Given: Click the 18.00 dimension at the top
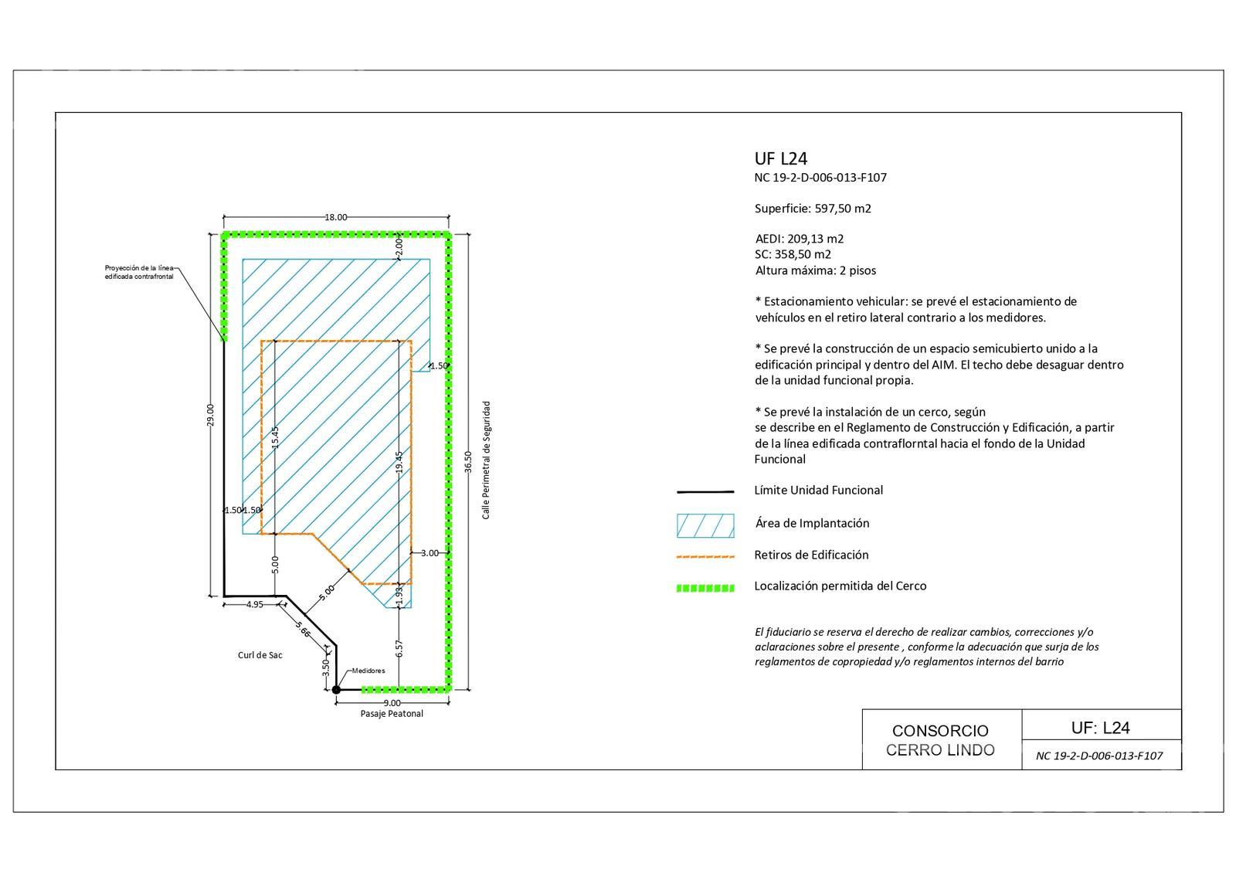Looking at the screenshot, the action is [335, 217].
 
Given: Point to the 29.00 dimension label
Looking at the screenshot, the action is [209, 415].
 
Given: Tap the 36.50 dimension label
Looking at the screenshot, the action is [468, 463].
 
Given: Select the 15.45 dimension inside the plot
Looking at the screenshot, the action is [275, 437].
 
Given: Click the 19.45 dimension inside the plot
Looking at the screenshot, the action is [399, 463].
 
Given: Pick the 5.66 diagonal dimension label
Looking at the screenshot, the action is [302, 630].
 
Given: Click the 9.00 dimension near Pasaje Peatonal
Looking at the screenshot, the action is [392, 703].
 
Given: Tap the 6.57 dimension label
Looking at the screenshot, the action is [399, 649].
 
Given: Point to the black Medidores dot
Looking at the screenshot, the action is [336, 690].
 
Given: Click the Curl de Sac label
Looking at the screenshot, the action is [260, 655].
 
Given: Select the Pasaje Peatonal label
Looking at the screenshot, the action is [392, 714].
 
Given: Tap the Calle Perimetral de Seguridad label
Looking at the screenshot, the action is [486, 460].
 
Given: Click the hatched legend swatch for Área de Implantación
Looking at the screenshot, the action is [705, 526].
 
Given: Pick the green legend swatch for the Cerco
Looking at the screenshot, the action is [705, 588].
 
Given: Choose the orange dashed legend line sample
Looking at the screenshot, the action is [705, 557].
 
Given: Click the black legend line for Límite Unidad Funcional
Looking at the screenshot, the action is [705, 491].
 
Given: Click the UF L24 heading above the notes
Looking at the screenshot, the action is [781, 159].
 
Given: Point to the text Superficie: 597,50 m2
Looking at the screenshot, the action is [813, 209].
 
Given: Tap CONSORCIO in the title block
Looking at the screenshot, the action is [940, 731].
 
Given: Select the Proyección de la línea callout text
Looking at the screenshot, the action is [139, 268].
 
